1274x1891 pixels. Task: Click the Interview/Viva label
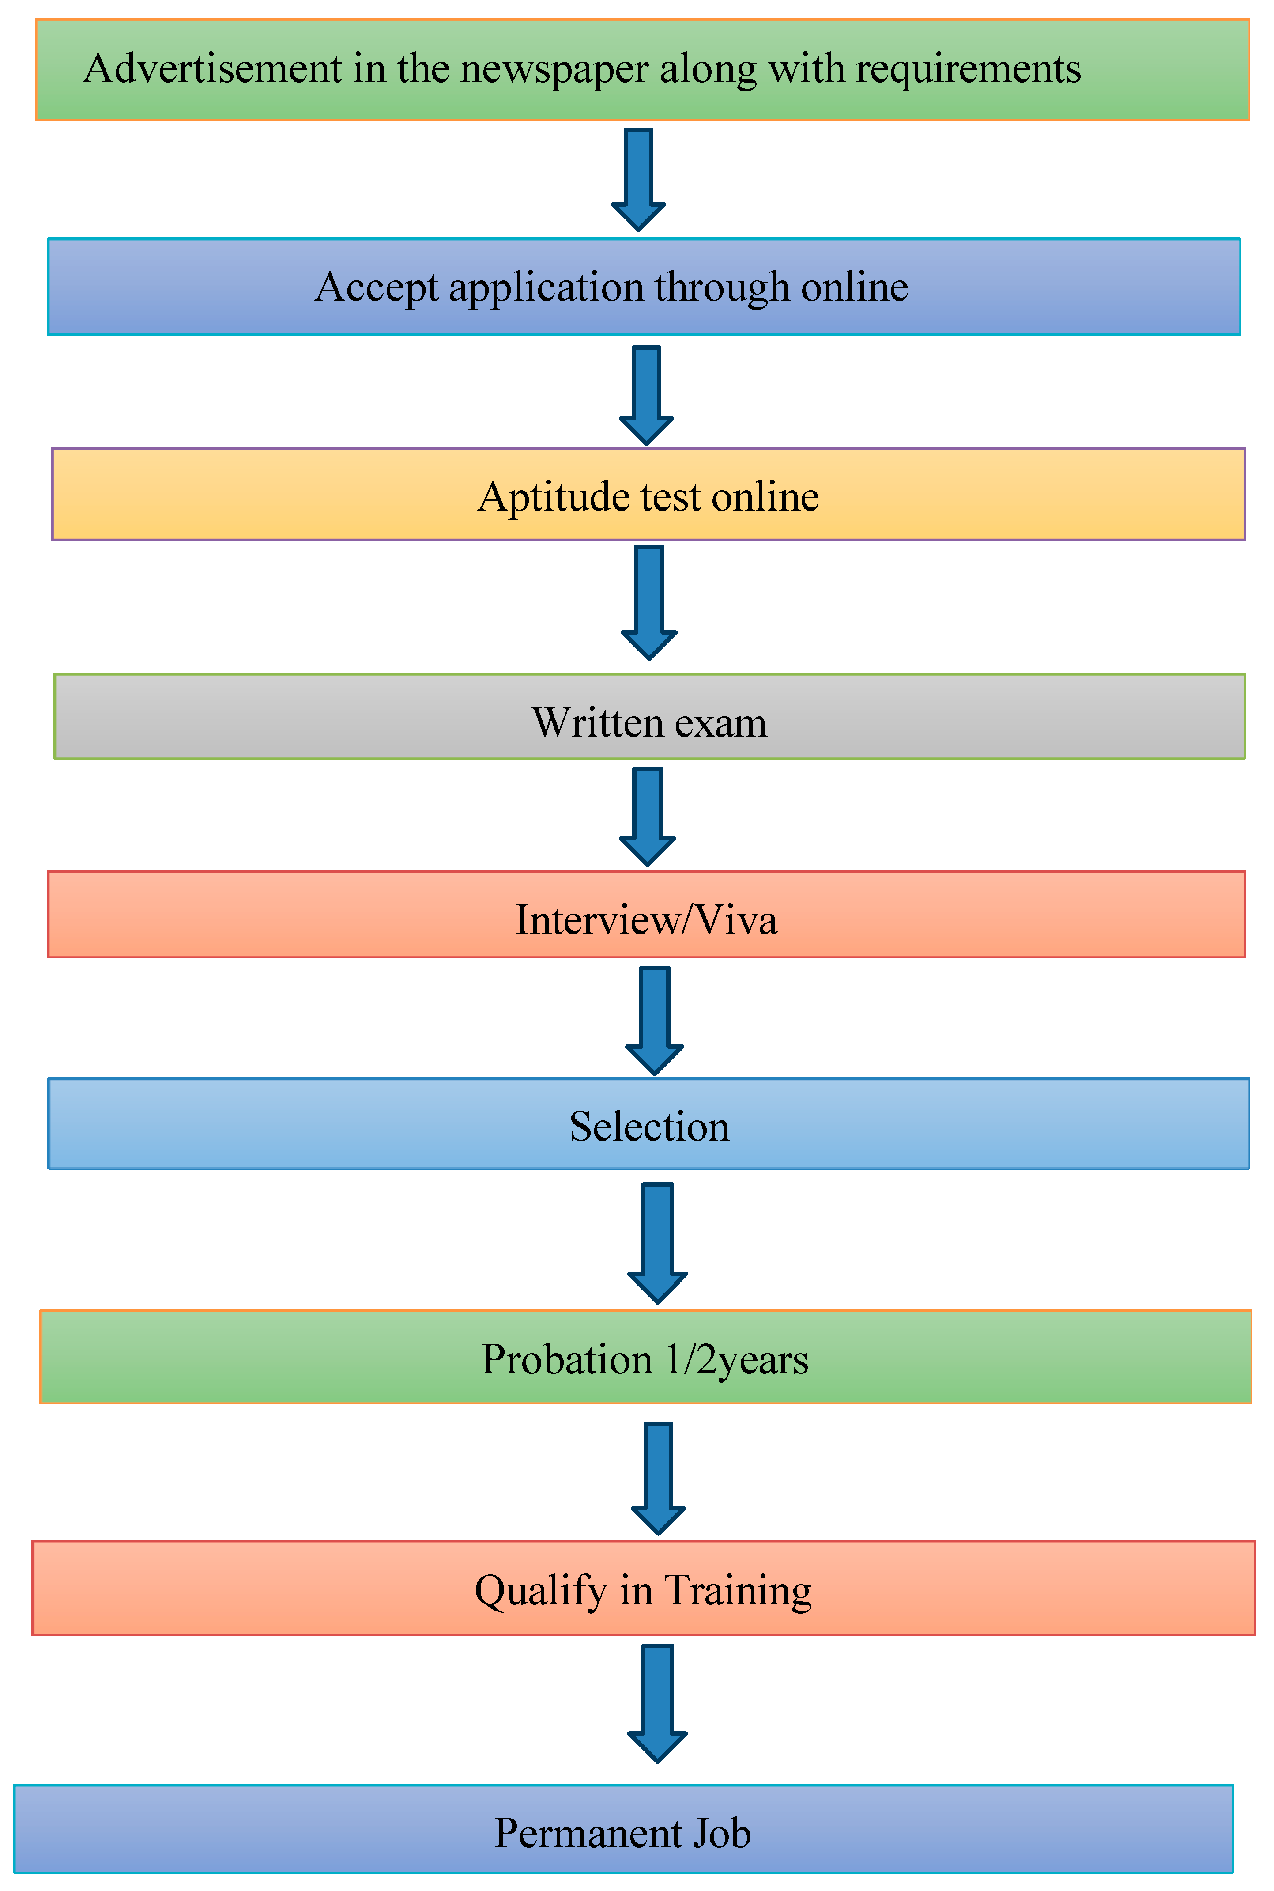coord(647,920)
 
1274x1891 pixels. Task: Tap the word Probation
coord(567,1360)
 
